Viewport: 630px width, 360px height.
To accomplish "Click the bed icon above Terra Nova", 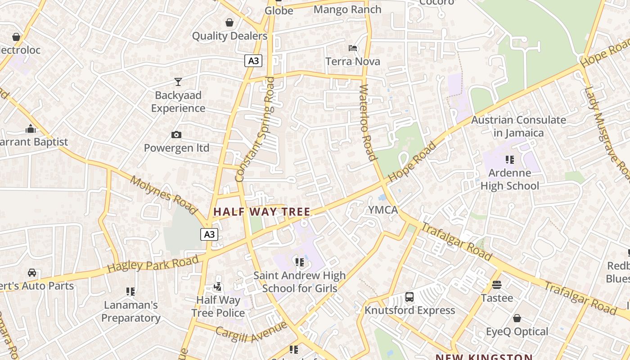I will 353,48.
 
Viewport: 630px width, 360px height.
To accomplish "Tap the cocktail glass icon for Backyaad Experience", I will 178,82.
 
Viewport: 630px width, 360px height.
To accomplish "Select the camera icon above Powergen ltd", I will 176,135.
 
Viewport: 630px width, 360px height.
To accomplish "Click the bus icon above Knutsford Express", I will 409,297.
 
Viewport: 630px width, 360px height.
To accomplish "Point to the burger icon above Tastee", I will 497,284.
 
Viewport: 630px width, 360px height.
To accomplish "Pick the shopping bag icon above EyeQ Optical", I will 517,318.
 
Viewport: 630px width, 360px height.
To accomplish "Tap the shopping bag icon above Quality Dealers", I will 229,22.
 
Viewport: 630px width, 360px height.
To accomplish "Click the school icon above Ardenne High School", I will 509,159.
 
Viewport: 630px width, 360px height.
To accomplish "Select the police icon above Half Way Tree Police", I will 218,286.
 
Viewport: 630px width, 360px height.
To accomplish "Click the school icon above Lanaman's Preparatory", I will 130,292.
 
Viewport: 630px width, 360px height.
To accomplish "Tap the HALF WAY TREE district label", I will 262,211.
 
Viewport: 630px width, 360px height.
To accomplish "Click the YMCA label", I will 383,210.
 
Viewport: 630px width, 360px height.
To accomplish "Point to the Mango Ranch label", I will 347,9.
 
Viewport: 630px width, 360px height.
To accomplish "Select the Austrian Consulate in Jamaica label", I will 518,126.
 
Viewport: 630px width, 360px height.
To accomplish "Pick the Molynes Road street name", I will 163,194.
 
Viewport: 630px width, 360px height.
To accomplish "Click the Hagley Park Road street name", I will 153,264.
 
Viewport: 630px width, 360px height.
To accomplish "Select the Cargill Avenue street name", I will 251,331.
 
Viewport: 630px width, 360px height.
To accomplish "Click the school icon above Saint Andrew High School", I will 299,262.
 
